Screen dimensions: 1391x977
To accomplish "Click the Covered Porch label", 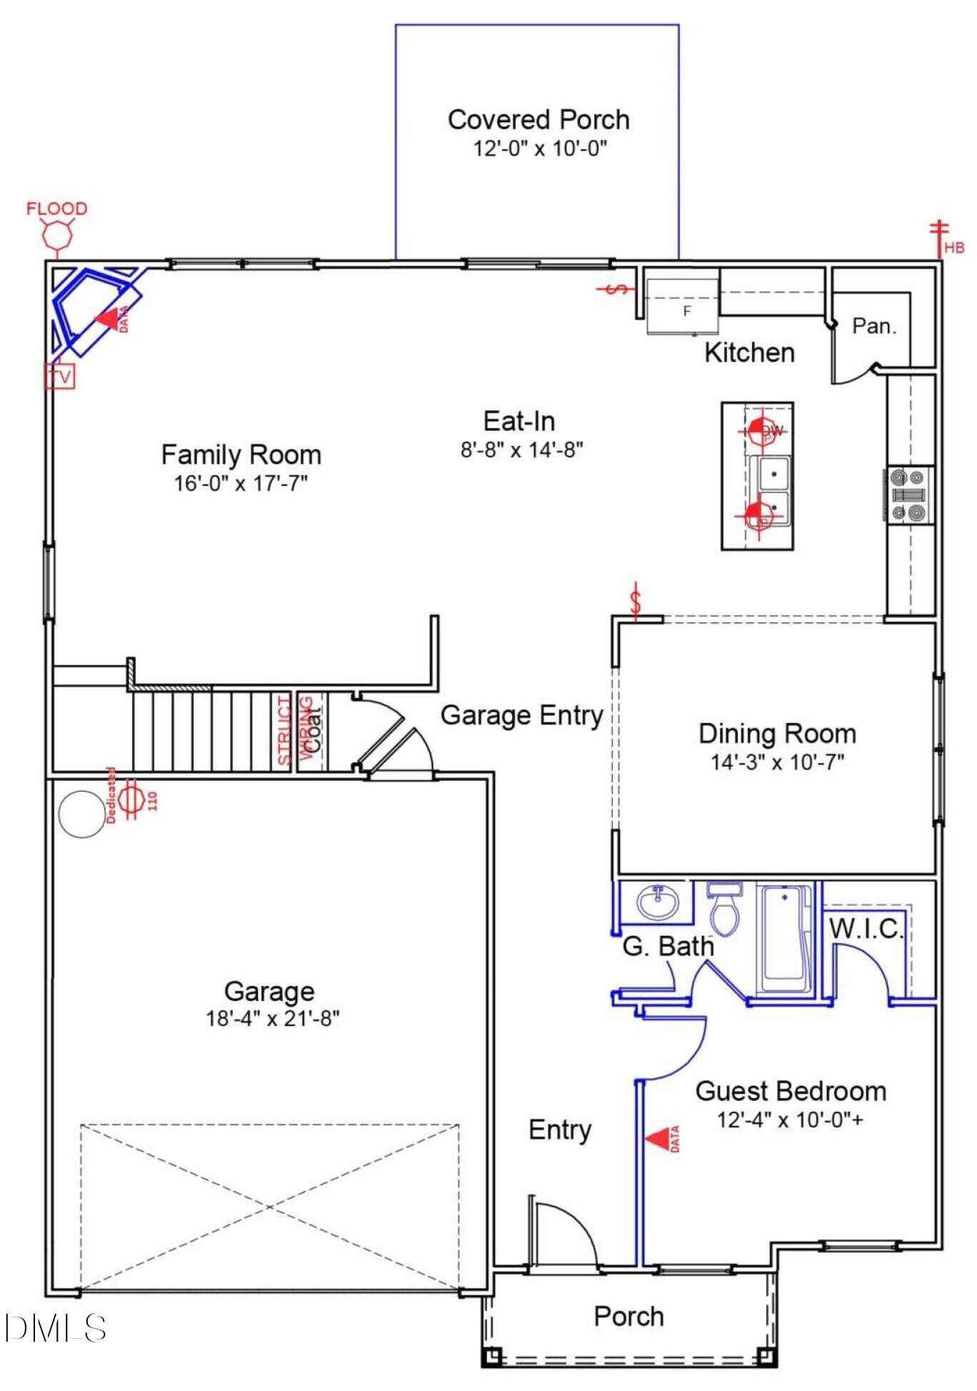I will click(538, 119).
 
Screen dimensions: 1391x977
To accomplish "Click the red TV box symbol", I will click(60, 376).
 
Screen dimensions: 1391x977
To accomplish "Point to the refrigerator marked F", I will click(683, 306).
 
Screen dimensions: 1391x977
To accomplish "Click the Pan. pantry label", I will click(873, 326).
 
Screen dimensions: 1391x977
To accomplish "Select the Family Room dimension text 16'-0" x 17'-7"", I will click(241, 483).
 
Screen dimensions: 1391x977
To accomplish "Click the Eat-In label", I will click(519, 421).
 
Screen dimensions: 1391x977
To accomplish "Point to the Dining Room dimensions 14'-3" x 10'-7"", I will click(777, 762).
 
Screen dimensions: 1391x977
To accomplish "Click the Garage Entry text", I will click(521, 715).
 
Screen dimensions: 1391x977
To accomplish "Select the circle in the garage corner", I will click(82, 814).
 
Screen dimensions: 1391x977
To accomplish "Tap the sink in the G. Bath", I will click(658, 902).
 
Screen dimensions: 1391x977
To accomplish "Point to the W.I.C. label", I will click(866, 928).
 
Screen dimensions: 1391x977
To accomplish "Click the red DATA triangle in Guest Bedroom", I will click(658, 1139).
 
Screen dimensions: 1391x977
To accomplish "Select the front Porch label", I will click(628, 1316).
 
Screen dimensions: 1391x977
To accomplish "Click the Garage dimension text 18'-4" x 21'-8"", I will click(272, 1017).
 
